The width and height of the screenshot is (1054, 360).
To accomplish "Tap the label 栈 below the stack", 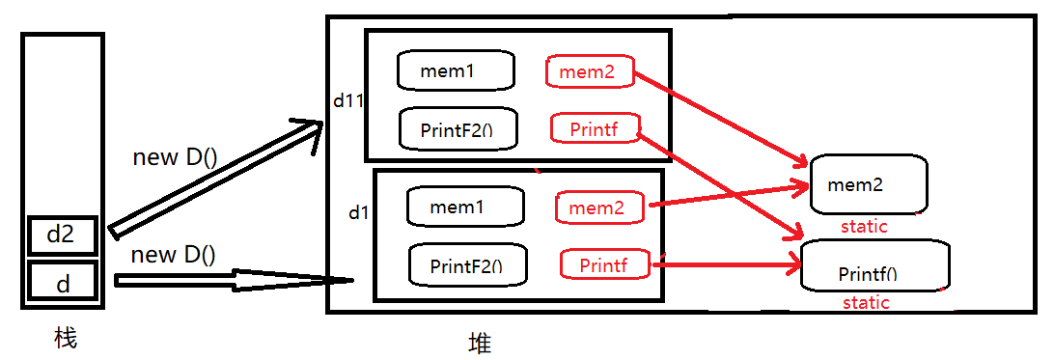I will pyautogui.click(x=65, y=339).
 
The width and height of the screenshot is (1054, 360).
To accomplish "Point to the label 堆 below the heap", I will pyautogui.click(x=480, y=344).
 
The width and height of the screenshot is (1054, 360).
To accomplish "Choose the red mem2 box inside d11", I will pyautogui.click(x=590, y=70).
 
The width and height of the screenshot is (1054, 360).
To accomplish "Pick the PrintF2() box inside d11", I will pyautogui.click(x=456, y=129).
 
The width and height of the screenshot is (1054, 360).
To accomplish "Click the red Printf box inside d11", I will pyautogui.click(x=595, y=128).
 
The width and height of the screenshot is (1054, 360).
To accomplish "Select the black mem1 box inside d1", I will pyautogui.click(x=464, y=207).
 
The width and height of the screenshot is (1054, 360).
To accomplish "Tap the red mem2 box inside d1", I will pyautogui.click(x=599, y=207).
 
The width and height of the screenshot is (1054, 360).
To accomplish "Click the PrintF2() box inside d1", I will pyautogui.click(x=465, y=264).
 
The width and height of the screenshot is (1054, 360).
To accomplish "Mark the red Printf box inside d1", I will pyautogui.click(x=604, y=264).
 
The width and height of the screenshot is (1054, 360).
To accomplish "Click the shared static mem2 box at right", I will pyautogui.click(x=869, y=183).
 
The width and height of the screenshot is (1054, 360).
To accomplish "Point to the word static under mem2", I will pyautogui.click(x=864, y=226).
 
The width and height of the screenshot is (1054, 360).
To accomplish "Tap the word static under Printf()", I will pyautogui.click(x=866, y=302).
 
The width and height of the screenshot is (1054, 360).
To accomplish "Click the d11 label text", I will pyautogui.click(x=347, y=99).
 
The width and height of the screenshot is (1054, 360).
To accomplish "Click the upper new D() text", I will pyautogui.click(x=174, y=158).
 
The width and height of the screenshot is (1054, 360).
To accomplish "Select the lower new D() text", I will pyautogui.click(x=173, y=255).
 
